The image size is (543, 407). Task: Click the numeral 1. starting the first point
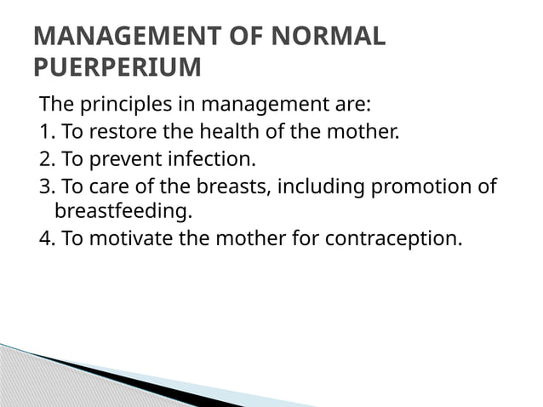46,132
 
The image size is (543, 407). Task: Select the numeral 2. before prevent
47,158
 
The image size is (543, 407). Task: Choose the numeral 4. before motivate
47,237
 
